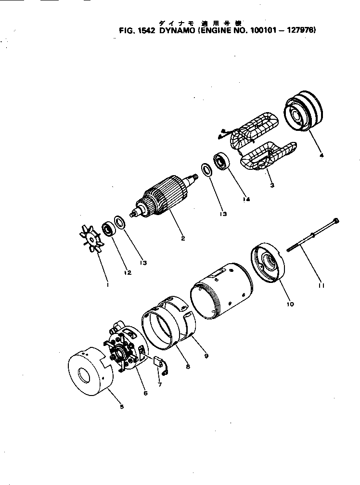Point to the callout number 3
coord(272,185)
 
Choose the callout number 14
coord(246,199)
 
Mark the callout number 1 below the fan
coord(108,285)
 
